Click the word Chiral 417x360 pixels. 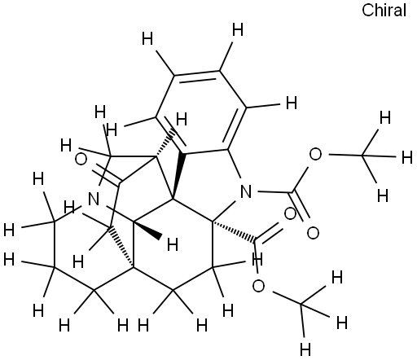(x=384, y=11)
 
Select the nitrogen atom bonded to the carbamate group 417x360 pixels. (x=246, y=191)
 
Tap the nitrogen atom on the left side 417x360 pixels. (x=94, y=199)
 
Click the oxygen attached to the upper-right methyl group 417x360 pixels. (x=315, y=154)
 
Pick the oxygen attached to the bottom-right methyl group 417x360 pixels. (x=258, y=286)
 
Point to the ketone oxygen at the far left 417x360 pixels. (x=81, y=160)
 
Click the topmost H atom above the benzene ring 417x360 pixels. (x=238, y=30)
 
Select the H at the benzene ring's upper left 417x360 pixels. (x=147, y=38)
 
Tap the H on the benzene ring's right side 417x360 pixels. (x=292, y=103)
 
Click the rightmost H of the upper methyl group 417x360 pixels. (x=407, y=157)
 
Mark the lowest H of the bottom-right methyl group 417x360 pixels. (x=305, y=349)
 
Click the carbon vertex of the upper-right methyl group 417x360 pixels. (x=362, y=155)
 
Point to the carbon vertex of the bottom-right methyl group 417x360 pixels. (x=301, y=303)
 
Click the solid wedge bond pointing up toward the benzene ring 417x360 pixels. (x=178, y=177)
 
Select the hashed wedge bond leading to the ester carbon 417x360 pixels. (x=234, y=230)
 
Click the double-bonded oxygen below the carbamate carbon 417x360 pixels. (x=313, y=233)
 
